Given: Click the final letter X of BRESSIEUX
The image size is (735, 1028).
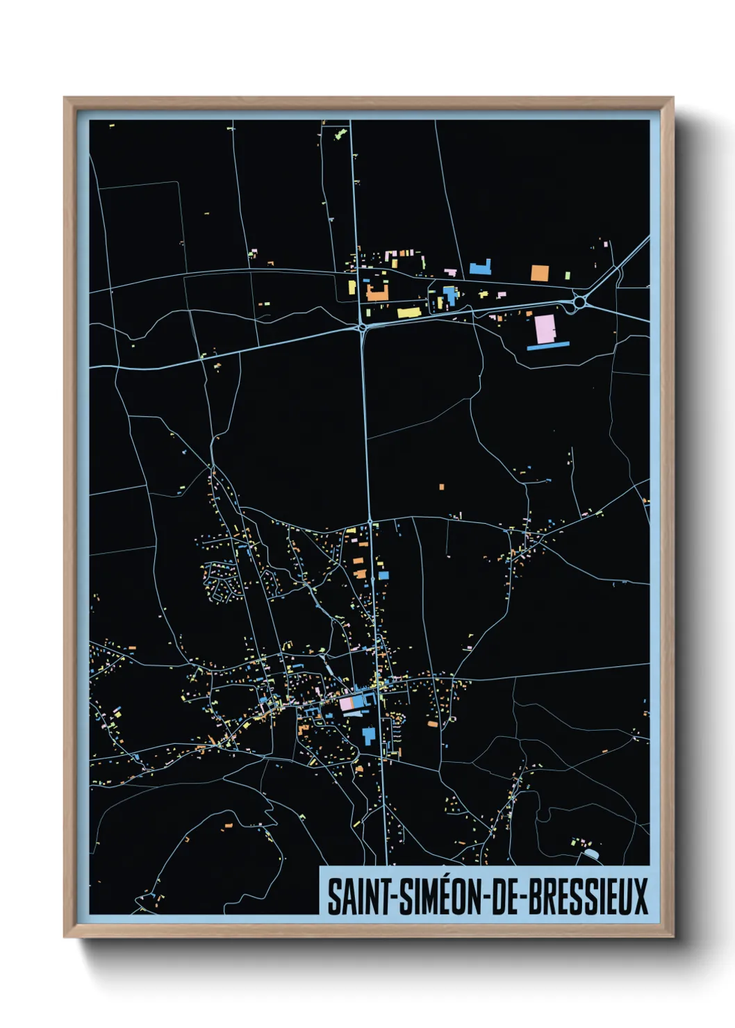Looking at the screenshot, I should pyautogui.click(x=641, y=897).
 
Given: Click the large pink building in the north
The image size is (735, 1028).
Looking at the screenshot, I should pyautogui.click(x=545, y=329).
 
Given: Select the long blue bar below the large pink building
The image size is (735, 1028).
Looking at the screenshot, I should pyautogui.click(x=548, y=345).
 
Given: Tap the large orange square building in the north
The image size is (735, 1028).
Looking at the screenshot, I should pyautogui.click(x=540, y=273).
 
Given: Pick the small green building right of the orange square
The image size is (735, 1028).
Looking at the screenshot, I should pyautogui.click(x=568, y=276).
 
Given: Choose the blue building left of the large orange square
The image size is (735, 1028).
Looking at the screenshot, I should pyautogui.click(x=479, y=268).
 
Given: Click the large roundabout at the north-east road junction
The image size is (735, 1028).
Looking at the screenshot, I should pyautogui.click(x=578, y=302).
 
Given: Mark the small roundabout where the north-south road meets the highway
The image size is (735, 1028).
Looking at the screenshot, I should pyautogui.click(x=362, y=326).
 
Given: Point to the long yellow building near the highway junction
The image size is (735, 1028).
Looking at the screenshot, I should pyautogui.click(x=409, y=313).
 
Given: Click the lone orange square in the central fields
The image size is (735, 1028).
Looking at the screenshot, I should pyautogui.click(x=441, y=487).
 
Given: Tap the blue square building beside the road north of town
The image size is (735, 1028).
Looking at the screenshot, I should pyautogui.click(x=383, y=576).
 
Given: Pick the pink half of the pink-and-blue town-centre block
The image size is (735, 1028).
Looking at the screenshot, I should pyautogui.click(x=346, y=703).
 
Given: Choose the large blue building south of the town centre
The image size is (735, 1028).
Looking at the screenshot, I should pyautogui.click(x=368, y=735).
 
